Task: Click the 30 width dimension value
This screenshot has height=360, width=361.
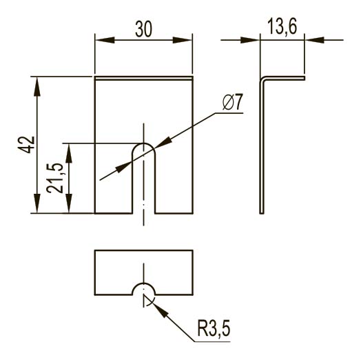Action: [x=144, y=29]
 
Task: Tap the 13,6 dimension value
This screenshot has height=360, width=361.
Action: [x=282, y=26]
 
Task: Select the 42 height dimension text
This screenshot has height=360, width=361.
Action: [x=26, y=145]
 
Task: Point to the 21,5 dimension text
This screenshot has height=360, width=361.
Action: [x=54, y=178]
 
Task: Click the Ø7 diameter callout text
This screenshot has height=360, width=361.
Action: [x=233, y=102]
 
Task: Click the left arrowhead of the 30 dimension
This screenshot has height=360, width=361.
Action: [x=105, y=40]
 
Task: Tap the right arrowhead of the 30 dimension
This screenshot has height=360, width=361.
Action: [x=182, y=40]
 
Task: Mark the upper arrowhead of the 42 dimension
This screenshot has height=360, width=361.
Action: [x=37, y=86]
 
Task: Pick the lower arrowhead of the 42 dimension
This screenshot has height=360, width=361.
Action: [x=37, y=203]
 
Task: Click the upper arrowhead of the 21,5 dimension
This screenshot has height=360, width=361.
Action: [x=69, y=153]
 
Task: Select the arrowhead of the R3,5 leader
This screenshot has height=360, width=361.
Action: [x=159, y=310]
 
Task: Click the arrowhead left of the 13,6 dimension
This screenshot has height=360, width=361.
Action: [x=250, y=40]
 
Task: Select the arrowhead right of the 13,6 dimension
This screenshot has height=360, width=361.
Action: [x=314, y=40]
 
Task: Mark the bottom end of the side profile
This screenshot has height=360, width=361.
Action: [x=262, y=213]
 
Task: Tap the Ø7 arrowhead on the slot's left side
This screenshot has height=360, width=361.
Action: [x=123, y=167]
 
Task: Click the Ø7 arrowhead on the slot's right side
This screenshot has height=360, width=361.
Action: [x=164, y=143]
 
